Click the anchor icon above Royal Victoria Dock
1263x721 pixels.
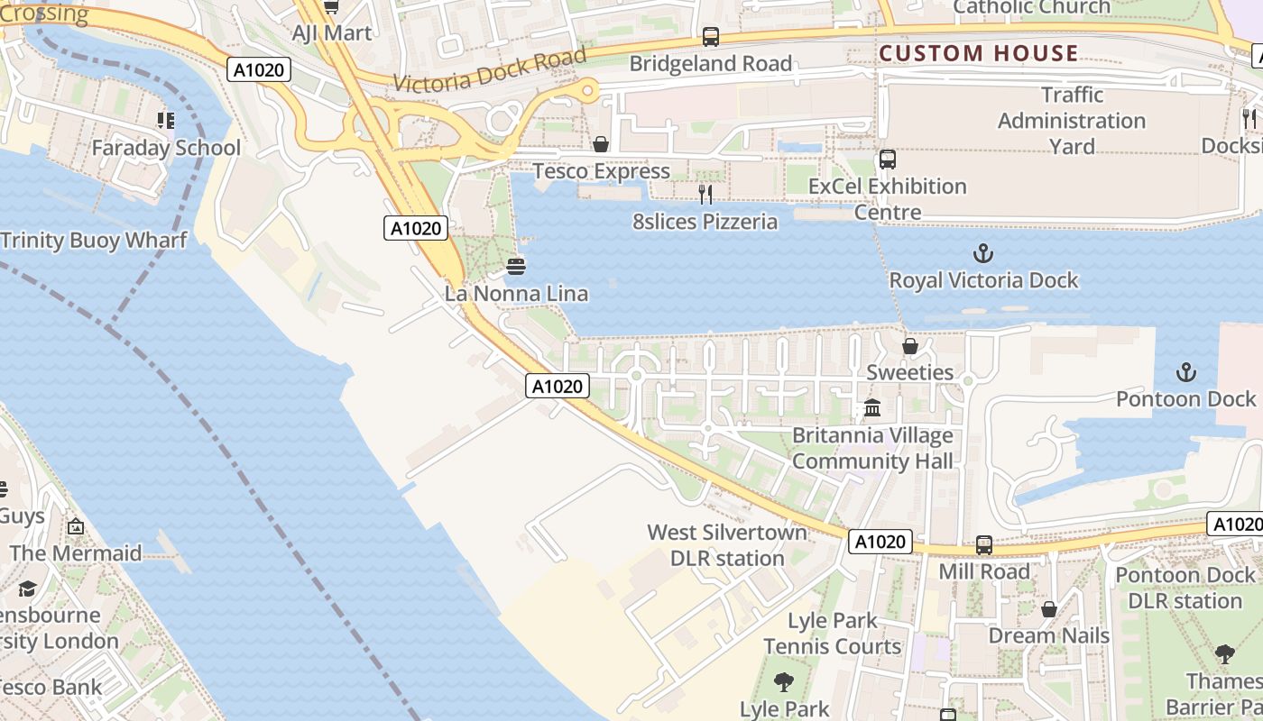(x=983, y=253)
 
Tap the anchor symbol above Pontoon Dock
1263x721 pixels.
(x=1186, y=371)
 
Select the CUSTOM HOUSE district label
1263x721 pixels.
(x=979, y=53)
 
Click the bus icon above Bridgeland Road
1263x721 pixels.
(x=711, y=37)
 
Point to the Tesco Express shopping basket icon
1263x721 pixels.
(x=601, y=144)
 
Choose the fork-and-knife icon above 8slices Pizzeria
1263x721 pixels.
(x=705, y=194)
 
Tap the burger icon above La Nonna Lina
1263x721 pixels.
(x=516, y=266)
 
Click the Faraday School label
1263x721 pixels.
(x=166, y=147)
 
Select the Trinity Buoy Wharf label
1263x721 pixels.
(x=94, y=240)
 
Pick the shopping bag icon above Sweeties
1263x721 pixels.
(x=910, y=346)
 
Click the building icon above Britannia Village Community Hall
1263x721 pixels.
(x=872, y=408)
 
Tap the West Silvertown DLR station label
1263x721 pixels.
(x=727, y=545)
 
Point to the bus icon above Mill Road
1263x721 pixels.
(x=984, y=545)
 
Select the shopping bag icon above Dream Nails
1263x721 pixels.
(x=1049, y=609)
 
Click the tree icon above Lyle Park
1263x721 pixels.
(x=784, y=682)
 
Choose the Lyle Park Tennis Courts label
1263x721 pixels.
(x=832, y=634)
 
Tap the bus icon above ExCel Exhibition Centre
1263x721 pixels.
(x=888, y=160)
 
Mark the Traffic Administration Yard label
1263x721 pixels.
(x=1072, y=121)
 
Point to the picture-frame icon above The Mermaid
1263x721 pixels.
(x=76, y=526)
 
